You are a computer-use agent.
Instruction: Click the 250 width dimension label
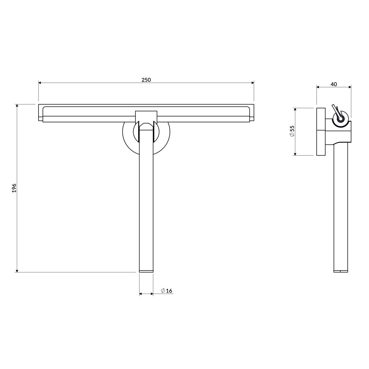click(146, 80)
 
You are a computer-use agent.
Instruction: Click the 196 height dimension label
click(14, 188)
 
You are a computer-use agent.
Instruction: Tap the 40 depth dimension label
click(334, 84)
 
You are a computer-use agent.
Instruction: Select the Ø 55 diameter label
click(292, 131)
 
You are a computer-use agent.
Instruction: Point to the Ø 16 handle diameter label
click(166, 291)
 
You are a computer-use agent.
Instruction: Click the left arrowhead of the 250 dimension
click(40, 83)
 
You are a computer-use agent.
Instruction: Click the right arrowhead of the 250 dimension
click(253, 83)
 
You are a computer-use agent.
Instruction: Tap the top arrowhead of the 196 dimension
click(17, 106)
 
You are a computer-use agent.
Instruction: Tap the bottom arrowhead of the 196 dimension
click(17, 271)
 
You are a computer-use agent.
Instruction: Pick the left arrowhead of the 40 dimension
click(318, 87)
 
